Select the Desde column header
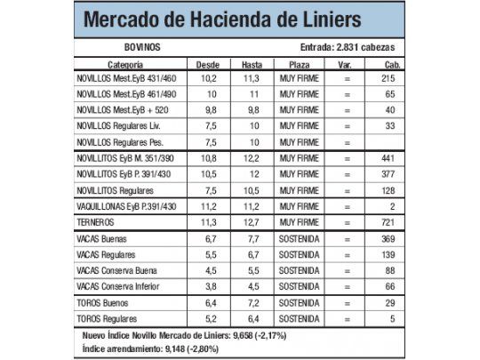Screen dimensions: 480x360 (207, 65)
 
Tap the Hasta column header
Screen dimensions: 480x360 (252, 65)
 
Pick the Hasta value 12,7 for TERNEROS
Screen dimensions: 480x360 (252, 221)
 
